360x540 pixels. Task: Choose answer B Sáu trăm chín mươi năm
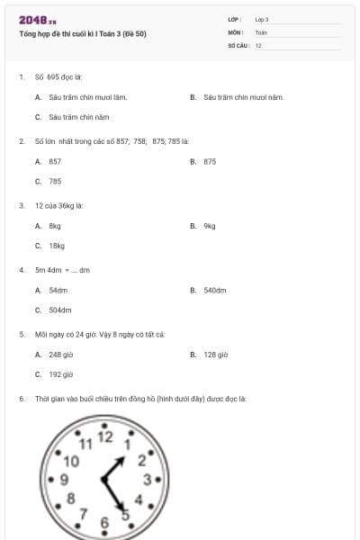(x=243, y=97)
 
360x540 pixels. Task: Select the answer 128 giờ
(x=215, y=355)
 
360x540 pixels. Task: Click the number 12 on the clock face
(x=105, y=437)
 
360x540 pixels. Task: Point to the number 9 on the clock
(x=64, y=479)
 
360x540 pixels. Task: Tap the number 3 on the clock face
(x=147, y=479)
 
